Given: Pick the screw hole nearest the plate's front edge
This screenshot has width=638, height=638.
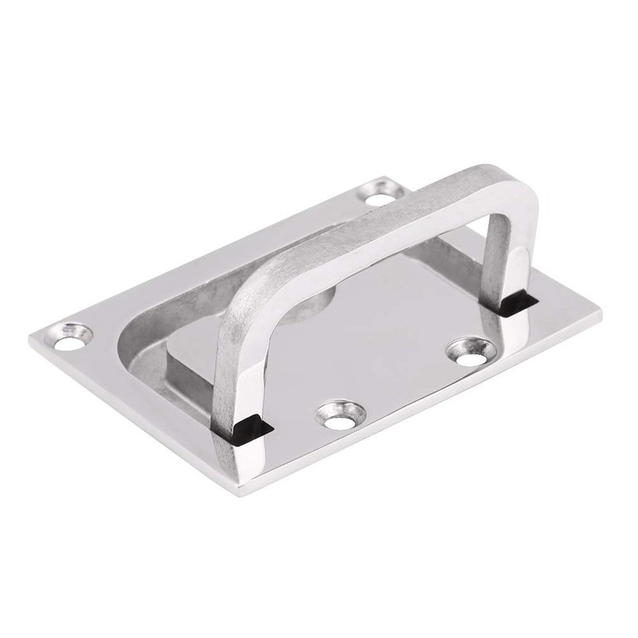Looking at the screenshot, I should (x=340, y=414).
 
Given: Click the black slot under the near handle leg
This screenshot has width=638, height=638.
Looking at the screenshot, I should (x=248, y=429).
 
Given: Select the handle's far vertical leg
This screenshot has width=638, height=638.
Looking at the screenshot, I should (x=498, y=255).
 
